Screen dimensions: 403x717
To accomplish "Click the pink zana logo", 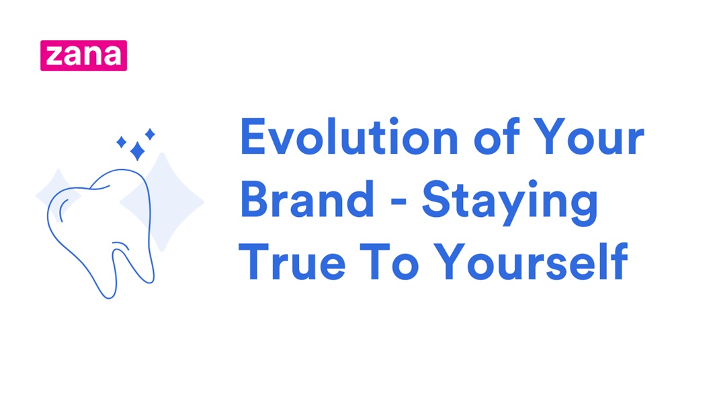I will [x=83, y=55].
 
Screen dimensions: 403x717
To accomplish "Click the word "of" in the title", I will [x=496, y=138].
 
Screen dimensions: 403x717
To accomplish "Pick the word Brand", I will [x=306, y=199].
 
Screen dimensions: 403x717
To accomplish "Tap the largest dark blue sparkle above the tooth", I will [x=137, y=151].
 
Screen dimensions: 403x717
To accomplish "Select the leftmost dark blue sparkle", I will [x=122, y=142].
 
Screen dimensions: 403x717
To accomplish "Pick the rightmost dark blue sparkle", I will [x=150, y=134].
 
